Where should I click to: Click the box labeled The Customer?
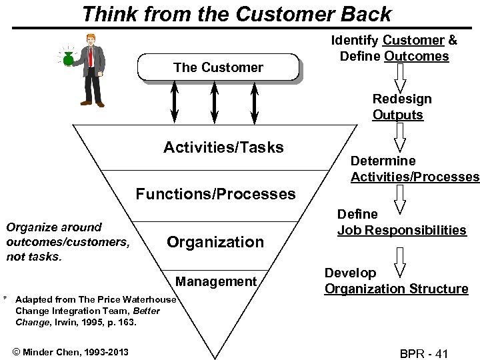[x=218, y=67]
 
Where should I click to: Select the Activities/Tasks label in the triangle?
[x=223, y=147]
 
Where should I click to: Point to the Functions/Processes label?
[x=215, y=194]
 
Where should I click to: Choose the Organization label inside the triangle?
[x=215, y=242]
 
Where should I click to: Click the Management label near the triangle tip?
[x=216, y=282]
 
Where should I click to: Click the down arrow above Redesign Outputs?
[x=399, y=79]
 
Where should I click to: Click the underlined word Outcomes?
[x=417, y=56]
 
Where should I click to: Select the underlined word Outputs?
[x=397, y=115]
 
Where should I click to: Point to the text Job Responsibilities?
[x=401, y=230]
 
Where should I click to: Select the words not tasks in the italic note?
[x=33, y=257]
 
